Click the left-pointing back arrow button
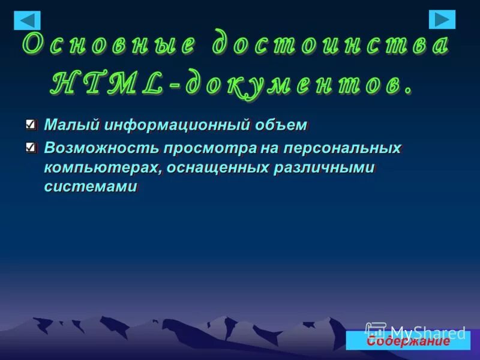27,20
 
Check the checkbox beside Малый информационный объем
31,125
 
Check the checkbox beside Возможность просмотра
31,146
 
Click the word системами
90,186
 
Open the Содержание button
408,341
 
